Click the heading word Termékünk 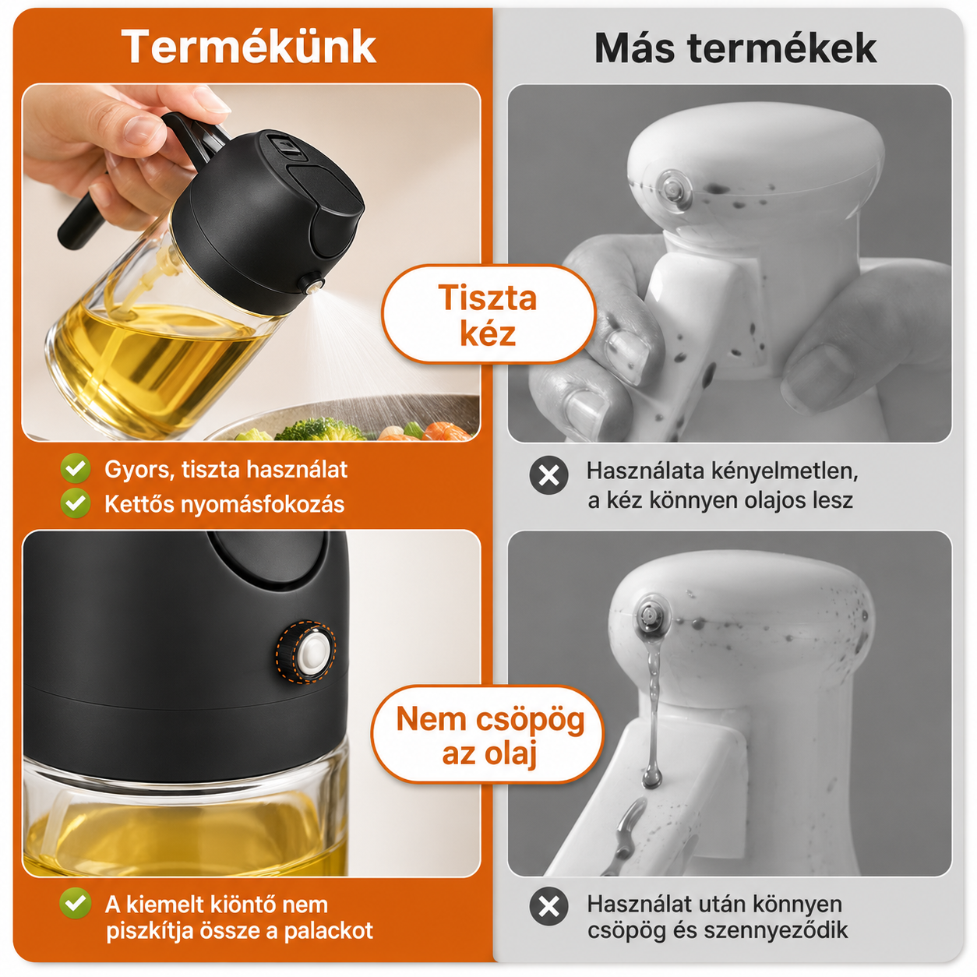[249, 47]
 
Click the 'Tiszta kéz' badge [488, 315]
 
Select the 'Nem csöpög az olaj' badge [488, 735]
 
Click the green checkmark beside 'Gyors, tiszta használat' [76, 468]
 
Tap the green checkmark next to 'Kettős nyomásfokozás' [76, 503]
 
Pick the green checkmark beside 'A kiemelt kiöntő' [76, 903]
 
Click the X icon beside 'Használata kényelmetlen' [548, 475]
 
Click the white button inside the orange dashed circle [312, 651]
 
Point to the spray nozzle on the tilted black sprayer [311, 284]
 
